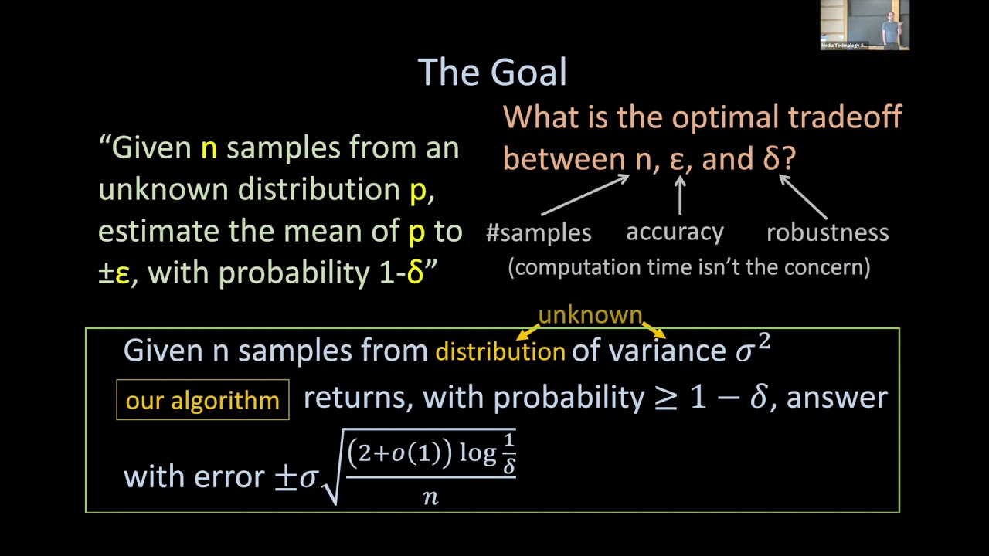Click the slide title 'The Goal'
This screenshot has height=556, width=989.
pos(492,73)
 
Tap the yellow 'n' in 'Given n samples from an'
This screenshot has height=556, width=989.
pos(209,147)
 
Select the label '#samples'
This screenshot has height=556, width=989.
pos(539,232)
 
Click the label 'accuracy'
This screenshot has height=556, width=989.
pos(675,232)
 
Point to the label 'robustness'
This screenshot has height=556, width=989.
pos(827,232)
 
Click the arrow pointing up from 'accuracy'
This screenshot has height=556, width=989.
pos(680,195)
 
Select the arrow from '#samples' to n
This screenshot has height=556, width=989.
pos(586,195)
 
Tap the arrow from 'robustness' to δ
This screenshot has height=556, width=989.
pos(804,196)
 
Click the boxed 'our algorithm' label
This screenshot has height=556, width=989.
pos(202,400)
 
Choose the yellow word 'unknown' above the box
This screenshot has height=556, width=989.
pos(590,315)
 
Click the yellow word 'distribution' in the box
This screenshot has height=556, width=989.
pos(500,352)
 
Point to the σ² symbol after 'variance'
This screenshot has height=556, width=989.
pos(753,349)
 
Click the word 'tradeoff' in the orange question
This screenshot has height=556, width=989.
pos(845,117)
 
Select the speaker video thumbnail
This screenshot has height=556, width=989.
pos(865,25)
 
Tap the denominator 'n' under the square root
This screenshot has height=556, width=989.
pos(430,497)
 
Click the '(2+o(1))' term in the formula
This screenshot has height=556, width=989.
pos(399,453)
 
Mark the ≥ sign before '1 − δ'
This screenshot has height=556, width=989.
pos(666,398)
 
